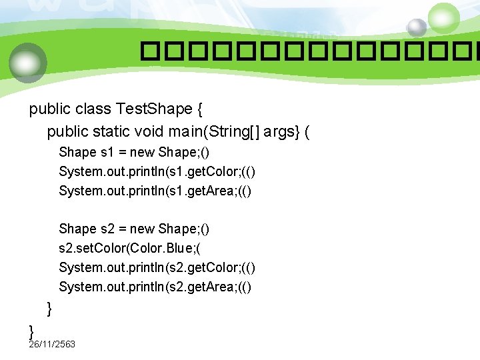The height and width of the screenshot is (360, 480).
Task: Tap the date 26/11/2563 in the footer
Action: coord(52,344)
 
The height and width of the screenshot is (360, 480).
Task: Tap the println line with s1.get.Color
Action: coord(157,171)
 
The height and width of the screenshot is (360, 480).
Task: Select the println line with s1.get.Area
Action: coord(155,191)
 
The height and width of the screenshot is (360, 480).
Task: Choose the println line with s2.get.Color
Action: coord(157,267)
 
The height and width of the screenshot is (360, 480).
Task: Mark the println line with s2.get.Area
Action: coord(155,287)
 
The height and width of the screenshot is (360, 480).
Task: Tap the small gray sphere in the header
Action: coord(417,27)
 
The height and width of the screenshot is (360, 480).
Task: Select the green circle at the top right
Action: coord(444,18)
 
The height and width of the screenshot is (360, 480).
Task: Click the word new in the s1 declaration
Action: coord(142,152)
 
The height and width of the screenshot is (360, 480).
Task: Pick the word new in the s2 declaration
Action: coord(142,229)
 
